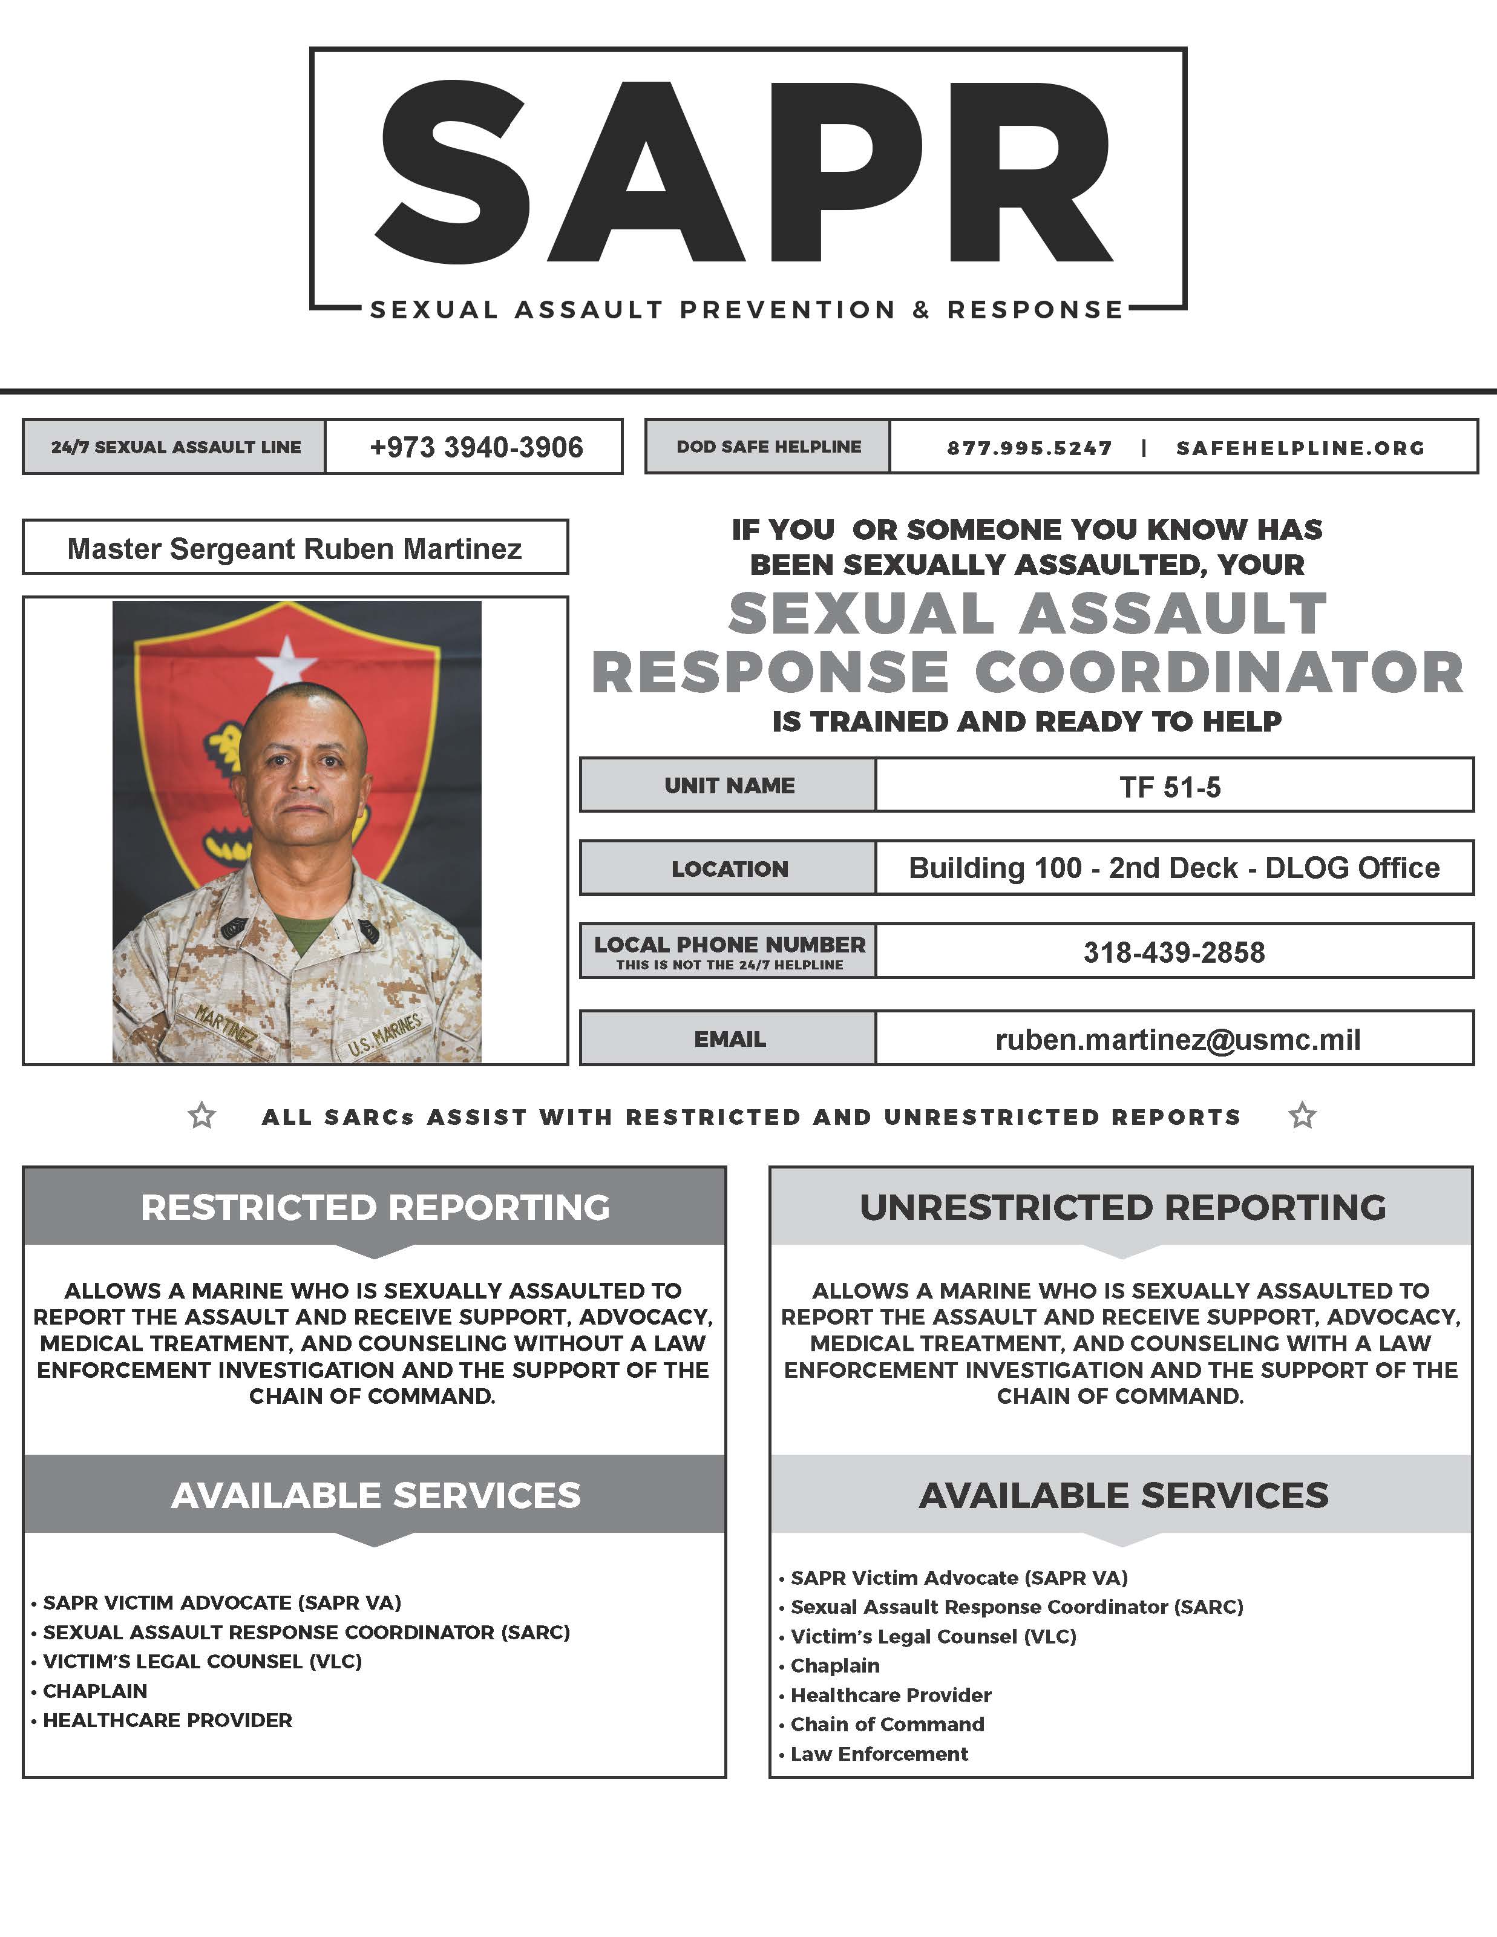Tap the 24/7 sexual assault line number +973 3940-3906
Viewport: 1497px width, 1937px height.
point(476,447)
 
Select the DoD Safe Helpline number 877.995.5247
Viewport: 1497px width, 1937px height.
point(1029,448)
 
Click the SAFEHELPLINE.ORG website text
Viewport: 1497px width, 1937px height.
point(1300,448)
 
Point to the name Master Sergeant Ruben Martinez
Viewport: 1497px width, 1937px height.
point(295,549)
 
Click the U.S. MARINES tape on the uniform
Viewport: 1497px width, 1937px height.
point(385,1034)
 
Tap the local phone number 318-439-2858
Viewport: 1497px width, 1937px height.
point(1173,952)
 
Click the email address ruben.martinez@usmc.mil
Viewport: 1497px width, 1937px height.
point(1178,1040)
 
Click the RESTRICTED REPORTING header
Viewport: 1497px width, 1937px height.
point(375,1207)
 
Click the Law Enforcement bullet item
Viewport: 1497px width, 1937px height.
point(879,1754)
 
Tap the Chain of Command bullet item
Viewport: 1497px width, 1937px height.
point(887,1724)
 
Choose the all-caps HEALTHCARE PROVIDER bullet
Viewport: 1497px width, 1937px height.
point(168,1720)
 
